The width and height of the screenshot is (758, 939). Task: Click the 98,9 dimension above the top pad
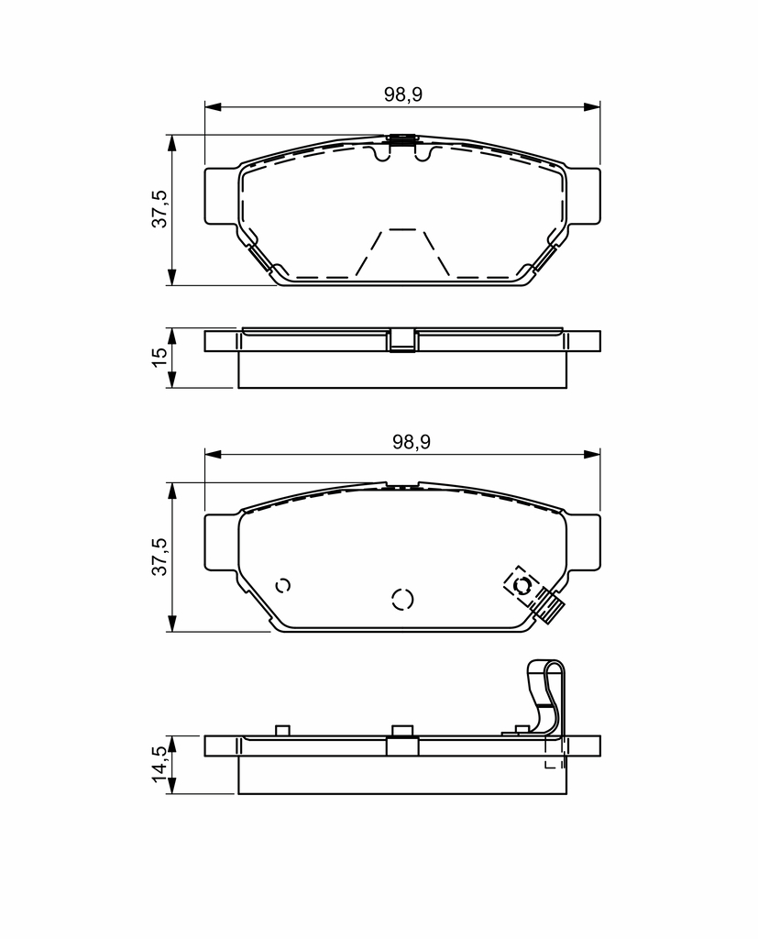pyautogui.click(x=403, y=94)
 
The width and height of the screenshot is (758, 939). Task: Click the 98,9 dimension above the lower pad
pyautogui.click(x=412, y=442)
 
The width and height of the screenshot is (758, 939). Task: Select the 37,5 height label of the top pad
pyautogui.click(x=159, y=209)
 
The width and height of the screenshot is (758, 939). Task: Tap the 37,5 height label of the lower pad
pyautogui.click(x=159, y=557)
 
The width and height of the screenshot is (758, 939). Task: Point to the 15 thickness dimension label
pyautogui.click(x=159, y=357)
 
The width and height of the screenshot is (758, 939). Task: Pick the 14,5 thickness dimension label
pyautogui.click(x=159, y=764)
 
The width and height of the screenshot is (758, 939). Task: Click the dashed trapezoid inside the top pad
pyautogui.click(x=402, y=253)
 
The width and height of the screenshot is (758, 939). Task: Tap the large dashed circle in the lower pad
pyautogui.click(x=402, y=599)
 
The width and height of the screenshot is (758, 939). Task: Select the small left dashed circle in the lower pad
pyautogui.click(x=283, y=586)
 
